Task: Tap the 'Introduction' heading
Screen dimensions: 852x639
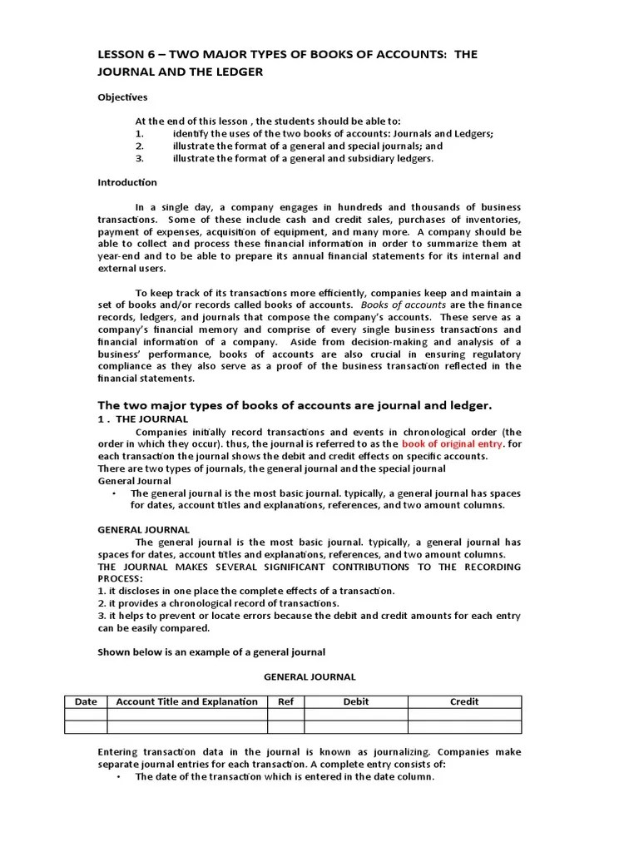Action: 127,182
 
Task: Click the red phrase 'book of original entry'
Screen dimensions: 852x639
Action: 453,444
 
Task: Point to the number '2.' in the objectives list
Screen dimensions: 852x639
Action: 140,145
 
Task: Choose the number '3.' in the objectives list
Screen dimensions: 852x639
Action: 140,158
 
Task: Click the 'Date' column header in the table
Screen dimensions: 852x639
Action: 87,701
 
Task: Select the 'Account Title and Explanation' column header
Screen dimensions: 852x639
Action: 186,701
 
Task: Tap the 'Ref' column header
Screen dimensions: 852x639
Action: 285,701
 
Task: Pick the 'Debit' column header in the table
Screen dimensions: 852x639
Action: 355,701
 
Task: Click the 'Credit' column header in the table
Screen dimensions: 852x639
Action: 463,701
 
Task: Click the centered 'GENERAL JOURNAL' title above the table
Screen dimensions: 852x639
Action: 310,677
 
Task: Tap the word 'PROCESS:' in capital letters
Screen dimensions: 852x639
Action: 121,578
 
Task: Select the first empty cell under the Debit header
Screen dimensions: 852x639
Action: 355,715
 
